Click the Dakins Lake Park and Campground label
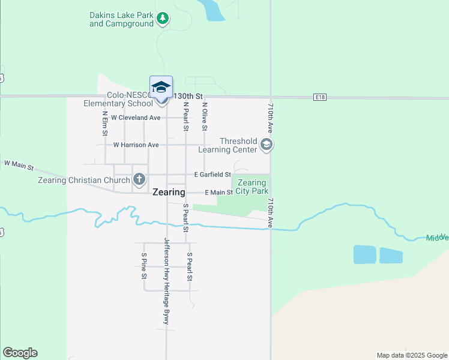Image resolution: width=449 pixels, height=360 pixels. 121,19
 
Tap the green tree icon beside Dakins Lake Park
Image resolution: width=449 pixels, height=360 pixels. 162,19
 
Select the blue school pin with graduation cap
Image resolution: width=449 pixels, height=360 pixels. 161,88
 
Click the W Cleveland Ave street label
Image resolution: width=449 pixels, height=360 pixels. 136,118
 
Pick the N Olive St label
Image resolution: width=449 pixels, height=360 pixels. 205,116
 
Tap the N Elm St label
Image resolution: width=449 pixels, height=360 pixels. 104,123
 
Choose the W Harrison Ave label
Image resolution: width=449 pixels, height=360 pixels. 136,145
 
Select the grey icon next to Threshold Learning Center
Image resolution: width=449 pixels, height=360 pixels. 267,145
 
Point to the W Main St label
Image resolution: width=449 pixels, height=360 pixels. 19,164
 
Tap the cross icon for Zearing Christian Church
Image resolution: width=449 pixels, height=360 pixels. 139,179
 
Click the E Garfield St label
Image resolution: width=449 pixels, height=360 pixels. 212,175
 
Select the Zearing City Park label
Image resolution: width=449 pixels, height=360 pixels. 252,187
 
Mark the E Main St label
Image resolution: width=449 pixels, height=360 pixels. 218,193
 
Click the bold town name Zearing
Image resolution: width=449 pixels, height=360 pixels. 169,193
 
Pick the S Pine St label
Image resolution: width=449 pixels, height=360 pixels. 144,266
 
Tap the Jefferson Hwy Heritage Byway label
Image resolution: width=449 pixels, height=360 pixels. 167,282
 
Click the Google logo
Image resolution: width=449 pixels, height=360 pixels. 20,353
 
